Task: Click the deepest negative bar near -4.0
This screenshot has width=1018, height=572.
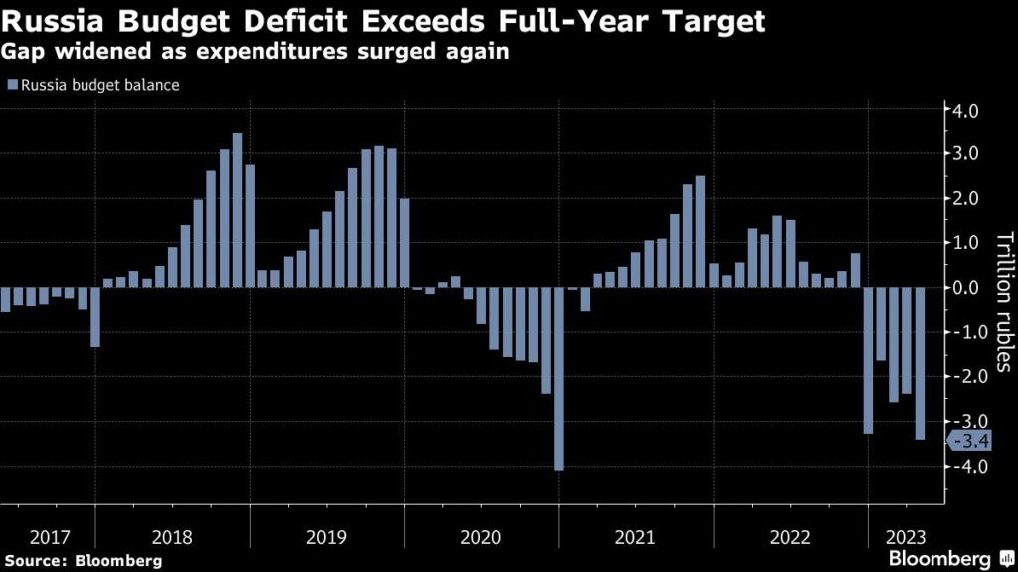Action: coord(559,378)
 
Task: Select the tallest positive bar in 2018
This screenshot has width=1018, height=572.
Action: coord(237,211)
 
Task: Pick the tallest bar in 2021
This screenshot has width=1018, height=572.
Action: coord(700,231)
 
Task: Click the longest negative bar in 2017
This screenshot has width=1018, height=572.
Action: coord(95,317)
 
